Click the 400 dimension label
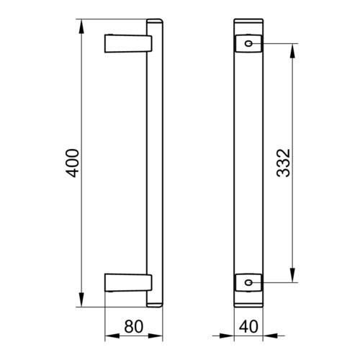72,163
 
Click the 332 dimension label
284,163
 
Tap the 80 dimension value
134,326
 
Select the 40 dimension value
248,326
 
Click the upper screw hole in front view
248,43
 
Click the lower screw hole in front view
248,282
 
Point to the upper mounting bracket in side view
128,43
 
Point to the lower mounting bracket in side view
128,282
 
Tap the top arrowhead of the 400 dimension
81,27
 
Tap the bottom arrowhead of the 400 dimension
81,300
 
